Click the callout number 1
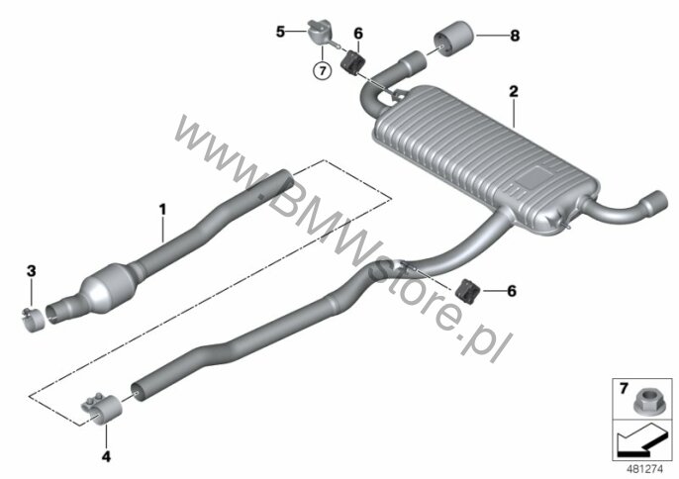pyautogui.click(x=162, y=210)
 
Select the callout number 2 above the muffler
pyautogui.click(x=514, y=91)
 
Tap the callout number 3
pyautogui.click(x=32, y=271)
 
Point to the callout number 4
pyautogui.click(x=106, y=456)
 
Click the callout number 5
pyautogui.click(x=281, y=32)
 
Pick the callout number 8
pyautogui.click(x=515, y=36)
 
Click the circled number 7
pyautogui.click(x=323, y=70)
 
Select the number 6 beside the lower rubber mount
pyautogui.click(x=512, y=291)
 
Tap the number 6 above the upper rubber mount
pyautogui.click(x=358, y=34)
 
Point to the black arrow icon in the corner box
pyautogui.click(x=640, y=440)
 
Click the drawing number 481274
pyautogui.click(x=645, y=469)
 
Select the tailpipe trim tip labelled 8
pyautogui.click(x=453, y=39)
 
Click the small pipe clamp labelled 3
pyautogui.click(x=33, y=320)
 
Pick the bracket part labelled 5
pyautogui.click(x=322, y=33)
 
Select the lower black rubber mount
pyautogui.click(x=467, y=291)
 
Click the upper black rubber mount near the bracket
pyautogui.click(x=353, y=63)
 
